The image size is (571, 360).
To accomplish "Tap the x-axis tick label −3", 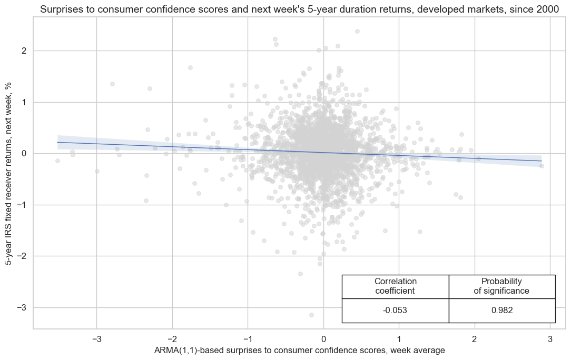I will (x=96, y=338).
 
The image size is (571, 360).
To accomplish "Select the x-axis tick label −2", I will (x=172, y=338).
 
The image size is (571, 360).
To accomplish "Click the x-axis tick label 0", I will (x=323, y=338).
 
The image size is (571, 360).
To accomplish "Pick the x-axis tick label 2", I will (x=475, y=338).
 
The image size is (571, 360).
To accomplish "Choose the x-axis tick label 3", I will (x=550, y=338).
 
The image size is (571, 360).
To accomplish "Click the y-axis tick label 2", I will (x=24, y=51).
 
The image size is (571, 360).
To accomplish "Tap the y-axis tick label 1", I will (x=24, y=102).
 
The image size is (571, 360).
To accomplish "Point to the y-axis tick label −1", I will (x=22, y=205).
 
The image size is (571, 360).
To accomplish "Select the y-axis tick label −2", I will (x=22, y=256).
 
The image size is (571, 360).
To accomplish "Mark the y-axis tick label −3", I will (x=22, y=307).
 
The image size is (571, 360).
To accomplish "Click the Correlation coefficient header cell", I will (x=395, y=286).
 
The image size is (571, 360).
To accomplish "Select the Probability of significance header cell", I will (x=502, y=286).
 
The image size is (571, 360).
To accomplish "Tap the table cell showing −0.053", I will (x=395, y=311).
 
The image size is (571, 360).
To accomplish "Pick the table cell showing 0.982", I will (x=502, y=311).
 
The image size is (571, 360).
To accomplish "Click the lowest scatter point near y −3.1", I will (x=311, y=315).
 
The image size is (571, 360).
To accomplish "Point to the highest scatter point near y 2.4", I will (x=357, y=32).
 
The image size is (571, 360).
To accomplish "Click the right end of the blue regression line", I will (x=542, y=161).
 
